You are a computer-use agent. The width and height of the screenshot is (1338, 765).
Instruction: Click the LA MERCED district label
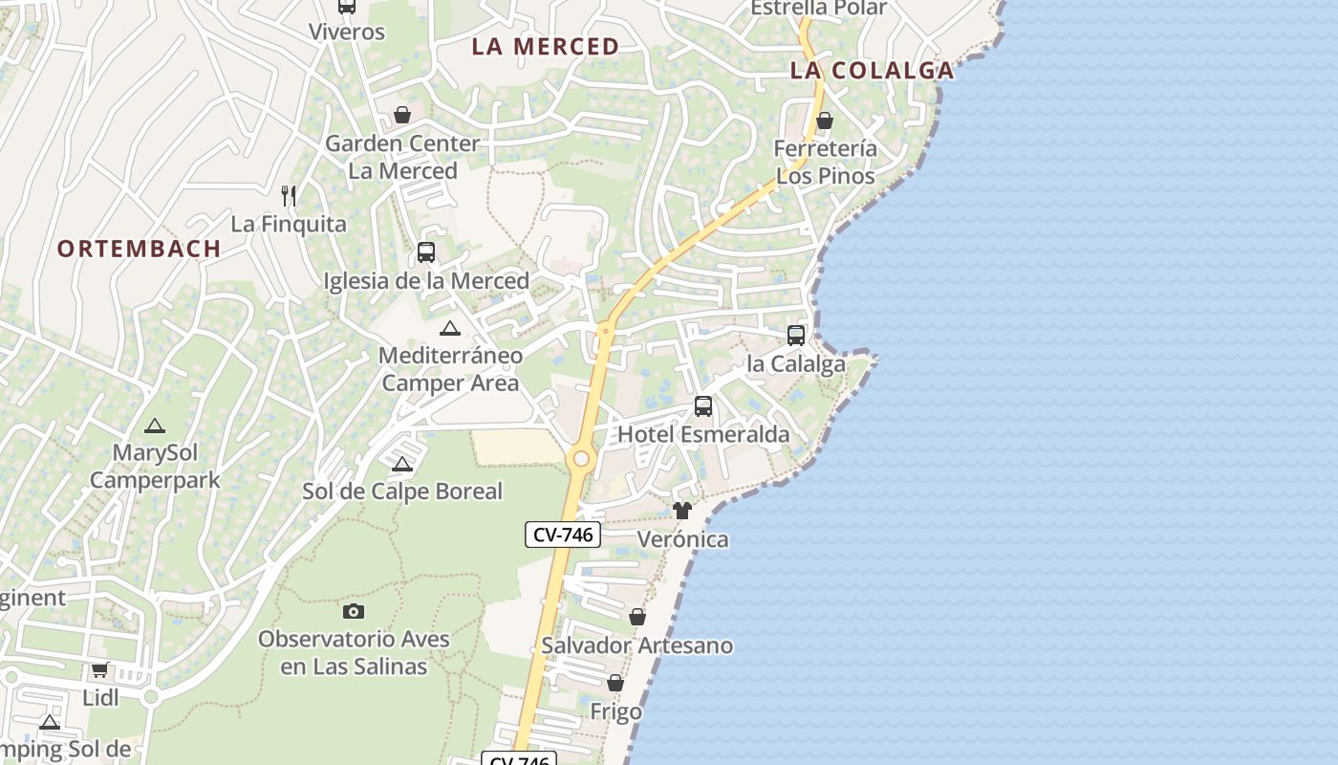(x=546, y=46)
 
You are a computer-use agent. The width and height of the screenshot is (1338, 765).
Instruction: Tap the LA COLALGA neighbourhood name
(x=873, y=70)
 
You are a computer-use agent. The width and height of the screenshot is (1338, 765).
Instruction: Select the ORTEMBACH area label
(x=140, y=248)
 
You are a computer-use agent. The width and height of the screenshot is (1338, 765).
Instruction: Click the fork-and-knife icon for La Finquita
(x=289, y=196)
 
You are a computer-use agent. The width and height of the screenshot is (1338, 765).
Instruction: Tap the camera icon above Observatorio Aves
(x=354, y=611)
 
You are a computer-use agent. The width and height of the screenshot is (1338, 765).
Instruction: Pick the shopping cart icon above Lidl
(x=100, y=669)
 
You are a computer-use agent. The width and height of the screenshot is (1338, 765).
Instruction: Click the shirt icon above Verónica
(x=682, y=511)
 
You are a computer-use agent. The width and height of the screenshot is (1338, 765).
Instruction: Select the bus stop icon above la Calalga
(x=796, y=336)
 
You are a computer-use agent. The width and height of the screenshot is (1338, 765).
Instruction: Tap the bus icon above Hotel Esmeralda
(x=703, y=406)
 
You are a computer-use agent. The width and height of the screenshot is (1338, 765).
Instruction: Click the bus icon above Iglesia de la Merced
(x=426, y=252)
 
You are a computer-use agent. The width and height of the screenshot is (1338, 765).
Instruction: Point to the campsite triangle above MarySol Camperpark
(x=155, y=426)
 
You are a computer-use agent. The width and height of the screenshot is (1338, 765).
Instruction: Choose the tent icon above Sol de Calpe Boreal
(x=402, y=464)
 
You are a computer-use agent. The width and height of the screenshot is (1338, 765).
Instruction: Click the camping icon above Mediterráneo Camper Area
(x=450, y=328)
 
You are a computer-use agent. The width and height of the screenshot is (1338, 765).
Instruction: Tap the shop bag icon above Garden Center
(x=403, y=115)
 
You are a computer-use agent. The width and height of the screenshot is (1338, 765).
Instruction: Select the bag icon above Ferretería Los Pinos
(x=825, y=120)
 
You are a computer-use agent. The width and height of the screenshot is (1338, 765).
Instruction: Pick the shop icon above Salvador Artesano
(x=637, y=618)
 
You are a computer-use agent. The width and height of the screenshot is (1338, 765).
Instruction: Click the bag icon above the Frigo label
(x=615, y=684)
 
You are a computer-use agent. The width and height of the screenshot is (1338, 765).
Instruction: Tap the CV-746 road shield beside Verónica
(x=563, y=535)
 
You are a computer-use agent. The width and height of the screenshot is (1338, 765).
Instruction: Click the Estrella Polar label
(x=819, y=8)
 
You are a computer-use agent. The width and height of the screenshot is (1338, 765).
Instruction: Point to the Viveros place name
(x=347, y=32)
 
